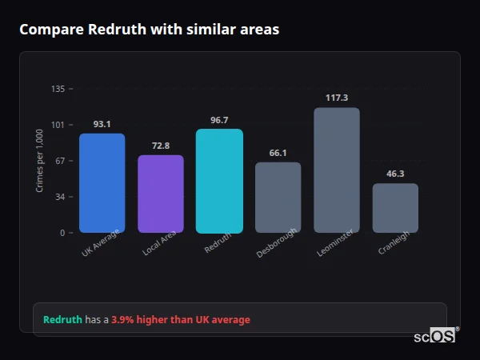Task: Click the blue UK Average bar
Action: [102, 183]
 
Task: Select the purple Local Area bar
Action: [161, 194]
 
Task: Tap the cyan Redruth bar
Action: [219, 181]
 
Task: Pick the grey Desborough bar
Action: [278, 198]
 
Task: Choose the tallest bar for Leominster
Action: [337, 170]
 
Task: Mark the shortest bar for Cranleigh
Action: [395, 208]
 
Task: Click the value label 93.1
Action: [102, 124]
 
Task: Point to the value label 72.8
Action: [161, 146]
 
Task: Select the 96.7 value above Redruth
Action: [219, 120]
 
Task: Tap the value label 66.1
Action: [278, 153]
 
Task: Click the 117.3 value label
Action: [337, 98]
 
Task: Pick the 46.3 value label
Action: [395, 174]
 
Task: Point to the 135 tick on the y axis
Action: [58, 89]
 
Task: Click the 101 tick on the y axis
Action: [58, 125]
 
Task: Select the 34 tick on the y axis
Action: [59, 197]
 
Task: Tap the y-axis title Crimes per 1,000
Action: [39, 162]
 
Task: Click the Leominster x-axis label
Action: [334, 242]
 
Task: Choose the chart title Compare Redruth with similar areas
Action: [150, 30]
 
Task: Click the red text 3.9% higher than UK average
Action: [181, 320]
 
